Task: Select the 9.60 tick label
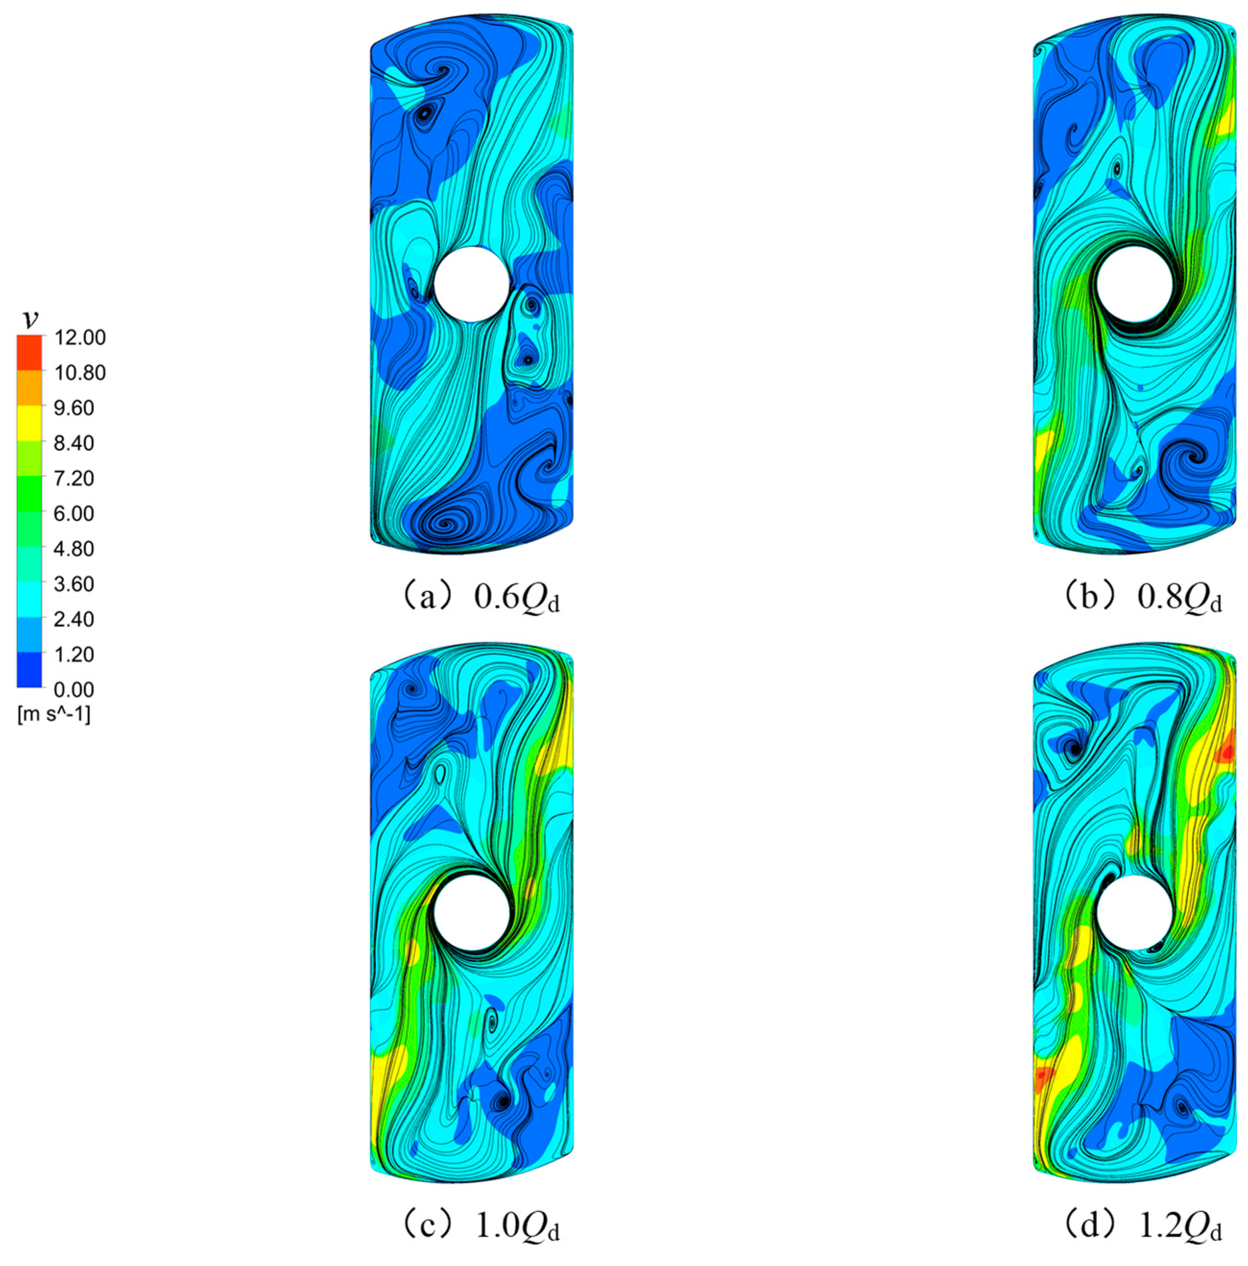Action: point(74,408)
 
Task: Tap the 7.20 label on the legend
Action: point(74,478)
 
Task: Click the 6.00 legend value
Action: point(74,514)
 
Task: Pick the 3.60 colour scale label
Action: point(74,584)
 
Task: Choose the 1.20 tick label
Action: point(74,654)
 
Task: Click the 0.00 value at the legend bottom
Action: point(74,689)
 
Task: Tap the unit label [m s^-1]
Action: point(54,715)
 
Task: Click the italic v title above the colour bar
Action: point(30,320)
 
